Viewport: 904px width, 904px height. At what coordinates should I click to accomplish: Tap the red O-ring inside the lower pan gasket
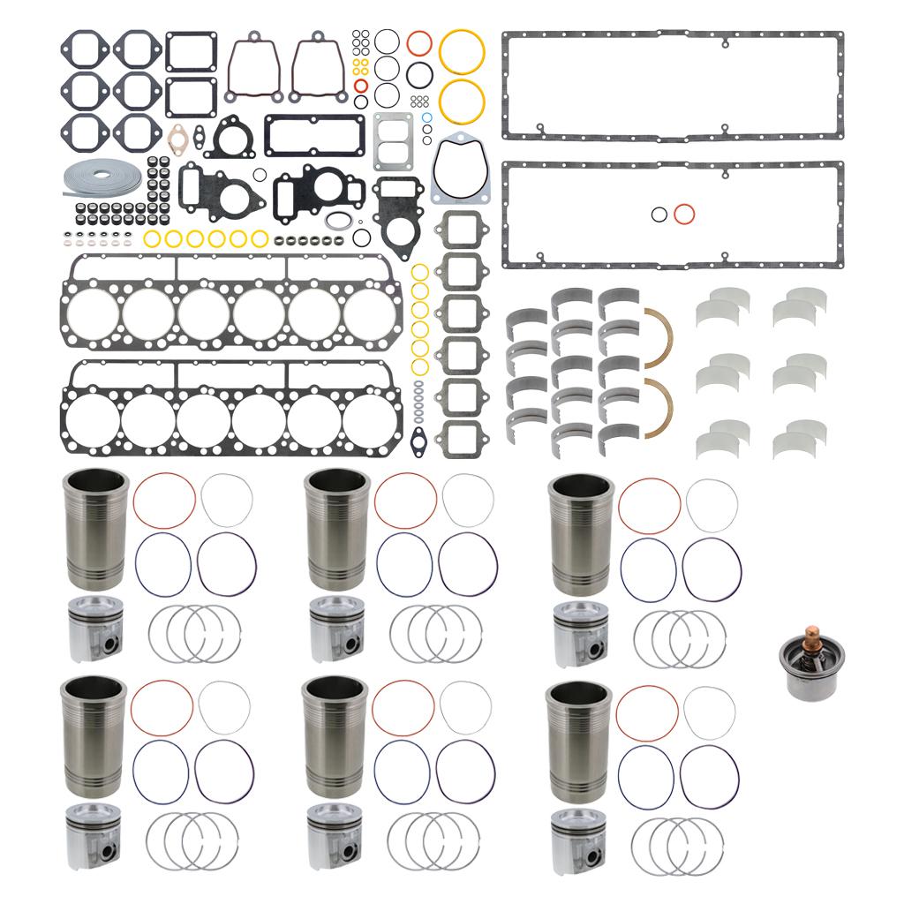tap(683, 214)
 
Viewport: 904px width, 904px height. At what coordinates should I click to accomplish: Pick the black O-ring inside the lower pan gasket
tap(659, 214)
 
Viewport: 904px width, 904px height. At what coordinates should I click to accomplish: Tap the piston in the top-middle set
tap(337, 629)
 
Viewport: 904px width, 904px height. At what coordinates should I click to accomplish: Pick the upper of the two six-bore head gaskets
tap(230, 305)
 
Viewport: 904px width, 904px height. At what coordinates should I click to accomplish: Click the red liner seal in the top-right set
tap(649, 505)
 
